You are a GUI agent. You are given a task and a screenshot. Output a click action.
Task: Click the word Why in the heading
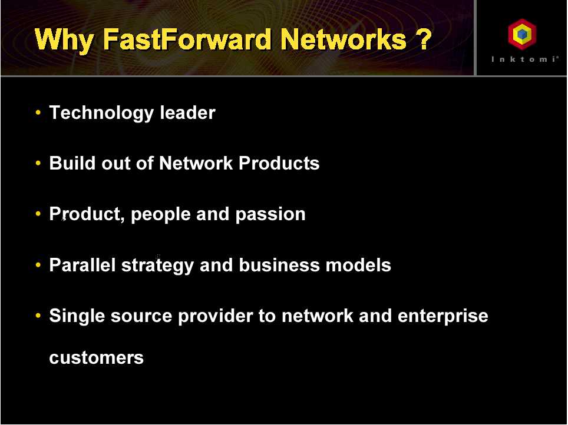(x=64, y=41)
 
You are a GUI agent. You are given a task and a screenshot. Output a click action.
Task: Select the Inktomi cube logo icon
(x=522, y=34)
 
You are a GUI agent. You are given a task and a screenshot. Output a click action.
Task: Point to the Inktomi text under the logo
(x=524, y=59)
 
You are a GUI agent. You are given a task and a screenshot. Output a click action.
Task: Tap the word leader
(x=187, y=112)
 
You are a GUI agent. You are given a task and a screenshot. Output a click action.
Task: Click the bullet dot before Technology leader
(x=38, y=112)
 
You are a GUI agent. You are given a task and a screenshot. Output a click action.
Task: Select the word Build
(x=72, y=163)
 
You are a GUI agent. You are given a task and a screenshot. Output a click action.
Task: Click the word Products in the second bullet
(x=279, y=163)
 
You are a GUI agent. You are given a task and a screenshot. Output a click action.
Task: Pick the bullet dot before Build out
(x=38, y=163)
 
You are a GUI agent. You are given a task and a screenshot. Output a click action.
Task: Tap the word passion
(x=270, y=214)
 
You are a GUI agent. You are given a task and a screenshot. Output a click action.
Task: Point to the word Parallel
(x=82, y=265)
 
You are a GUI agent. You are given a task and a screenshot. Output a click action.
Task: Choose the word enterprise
(x=442, y=316)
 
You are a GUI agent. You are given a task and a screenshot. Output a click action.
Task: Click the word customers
(x=97, y=358)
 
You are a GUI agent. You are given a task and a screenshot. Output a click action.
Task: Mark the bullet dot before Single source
(x=38, y=316)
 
